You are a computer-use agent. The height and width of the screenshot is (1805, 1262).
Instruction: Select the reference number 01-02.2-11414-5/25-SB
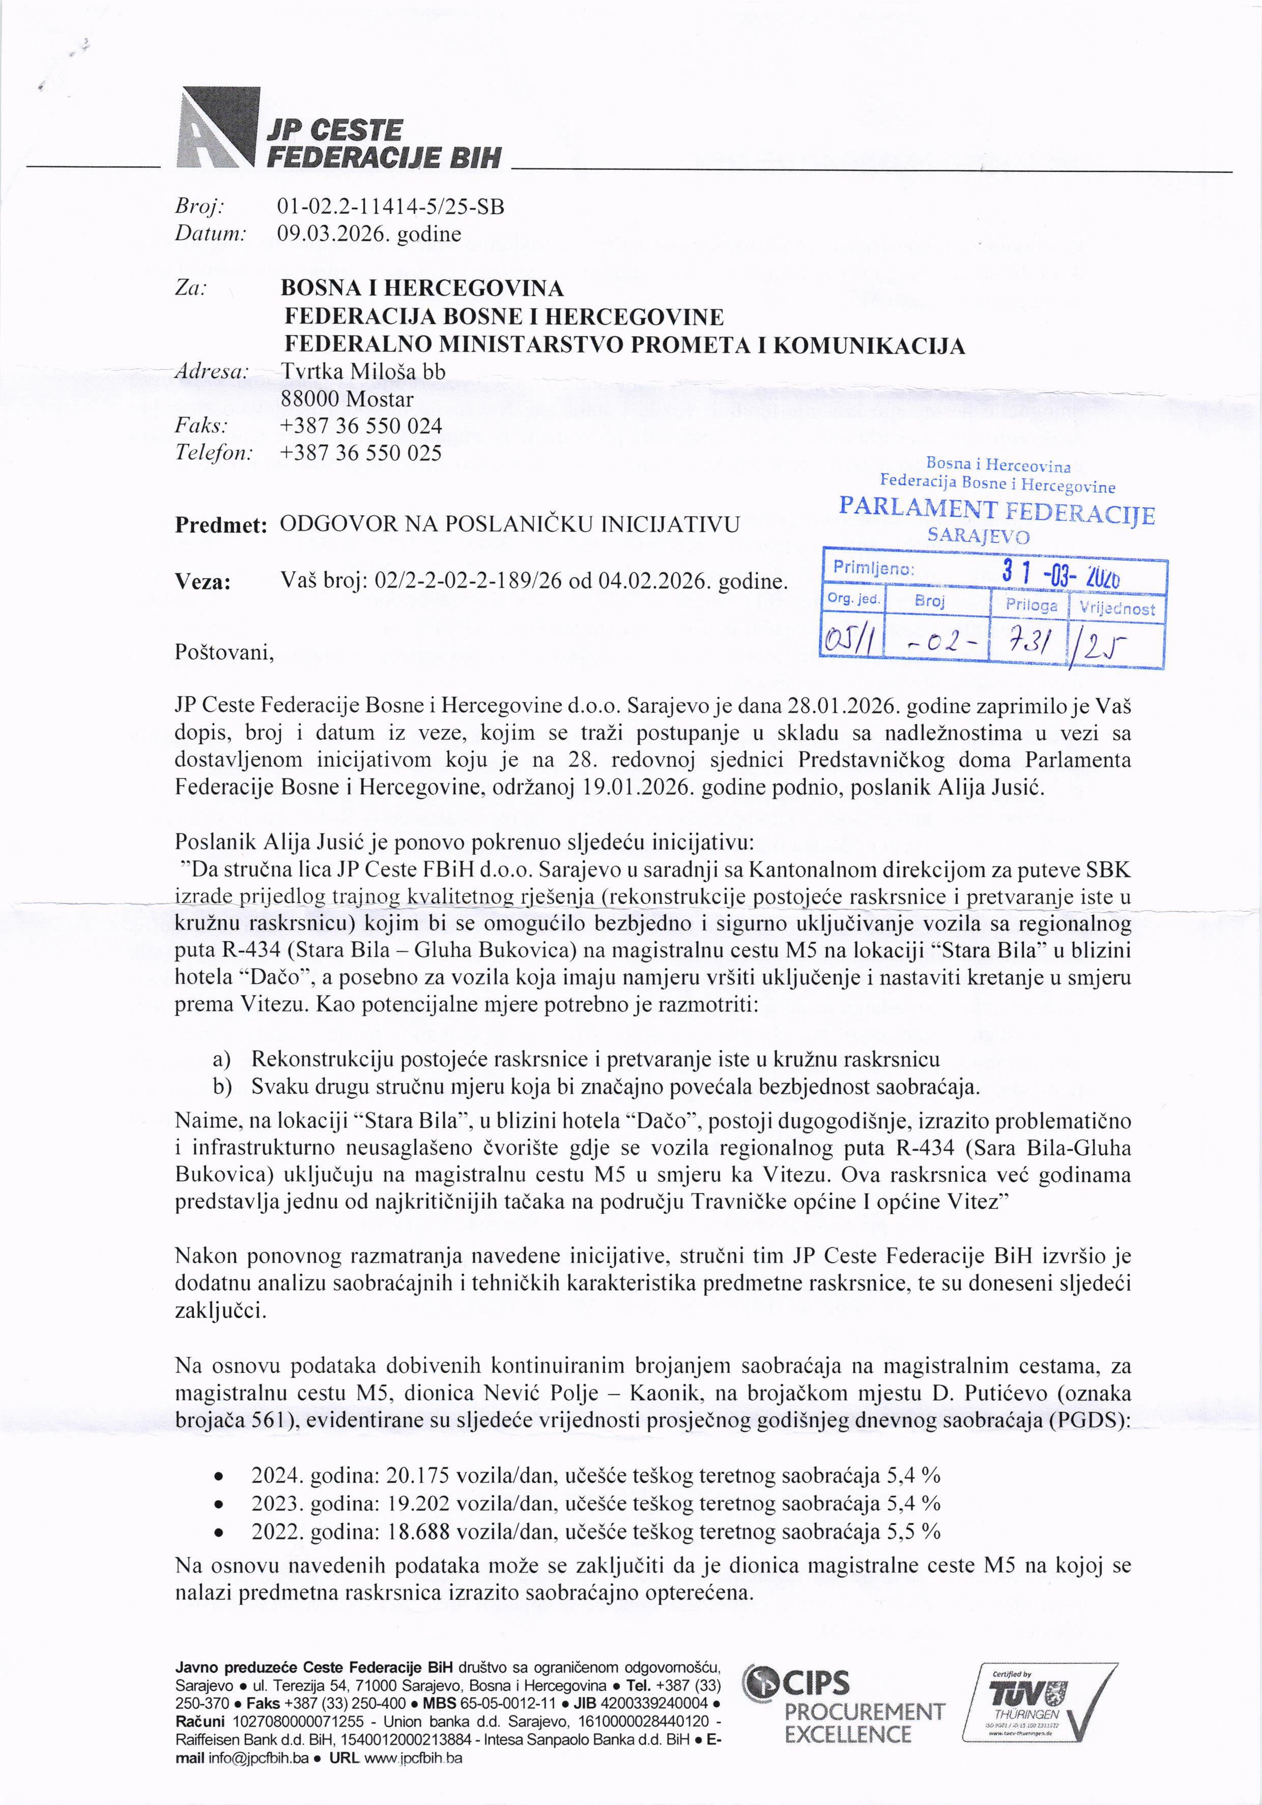[x=391, y=207]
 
